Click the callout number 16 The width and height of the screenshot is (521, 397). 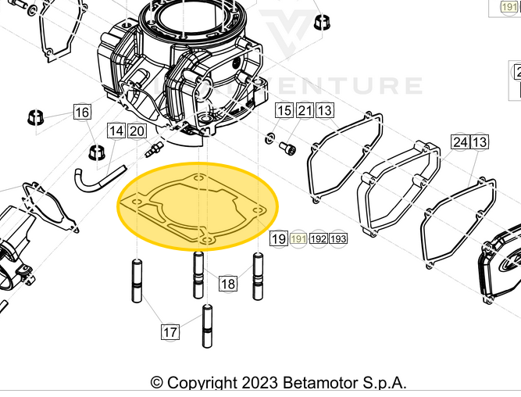pos(82,113)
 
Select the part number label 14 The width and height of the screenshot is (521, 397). pos(116,131)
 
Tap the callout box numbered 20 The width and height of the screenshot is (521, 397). pos(137,131)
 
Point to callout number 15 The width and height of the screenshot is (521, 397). pos(284,111)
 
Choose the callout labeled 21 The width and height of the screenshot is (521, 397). pos(305,111)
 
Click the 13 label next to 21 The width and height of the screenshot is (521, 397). pos(324,111)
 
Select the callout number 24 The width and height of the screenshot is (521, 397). pos(460,141)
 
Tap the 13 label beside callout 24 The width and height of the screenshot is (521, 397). pos(480,141)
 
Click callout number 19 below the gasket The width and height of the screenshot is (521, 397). pos(279,238)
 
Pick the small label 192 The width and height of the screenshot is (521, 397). pos(319,238)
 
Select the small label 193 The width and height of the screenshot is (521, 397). pos(338,238)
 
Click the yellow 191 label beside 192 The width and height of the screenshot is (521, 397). pos(298,238)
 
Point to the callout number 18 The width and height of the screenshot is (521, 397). pos(227,284)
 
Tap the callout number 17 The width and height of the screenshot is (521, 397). pos(170,332)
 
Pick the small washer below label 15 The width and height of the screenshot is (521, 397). pos(270,139)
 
